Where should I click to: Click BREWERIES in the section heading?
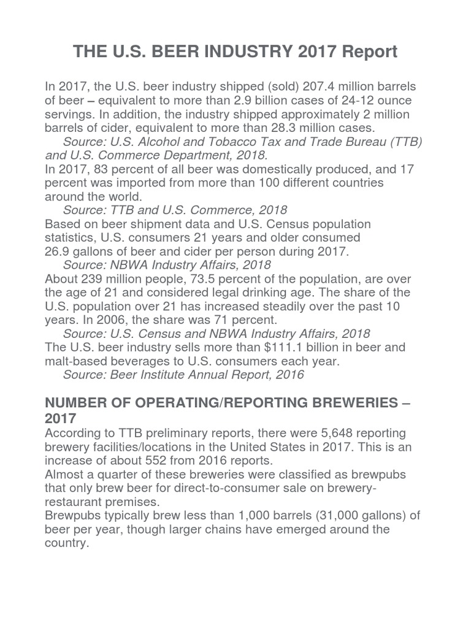[x=343, y=403]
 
